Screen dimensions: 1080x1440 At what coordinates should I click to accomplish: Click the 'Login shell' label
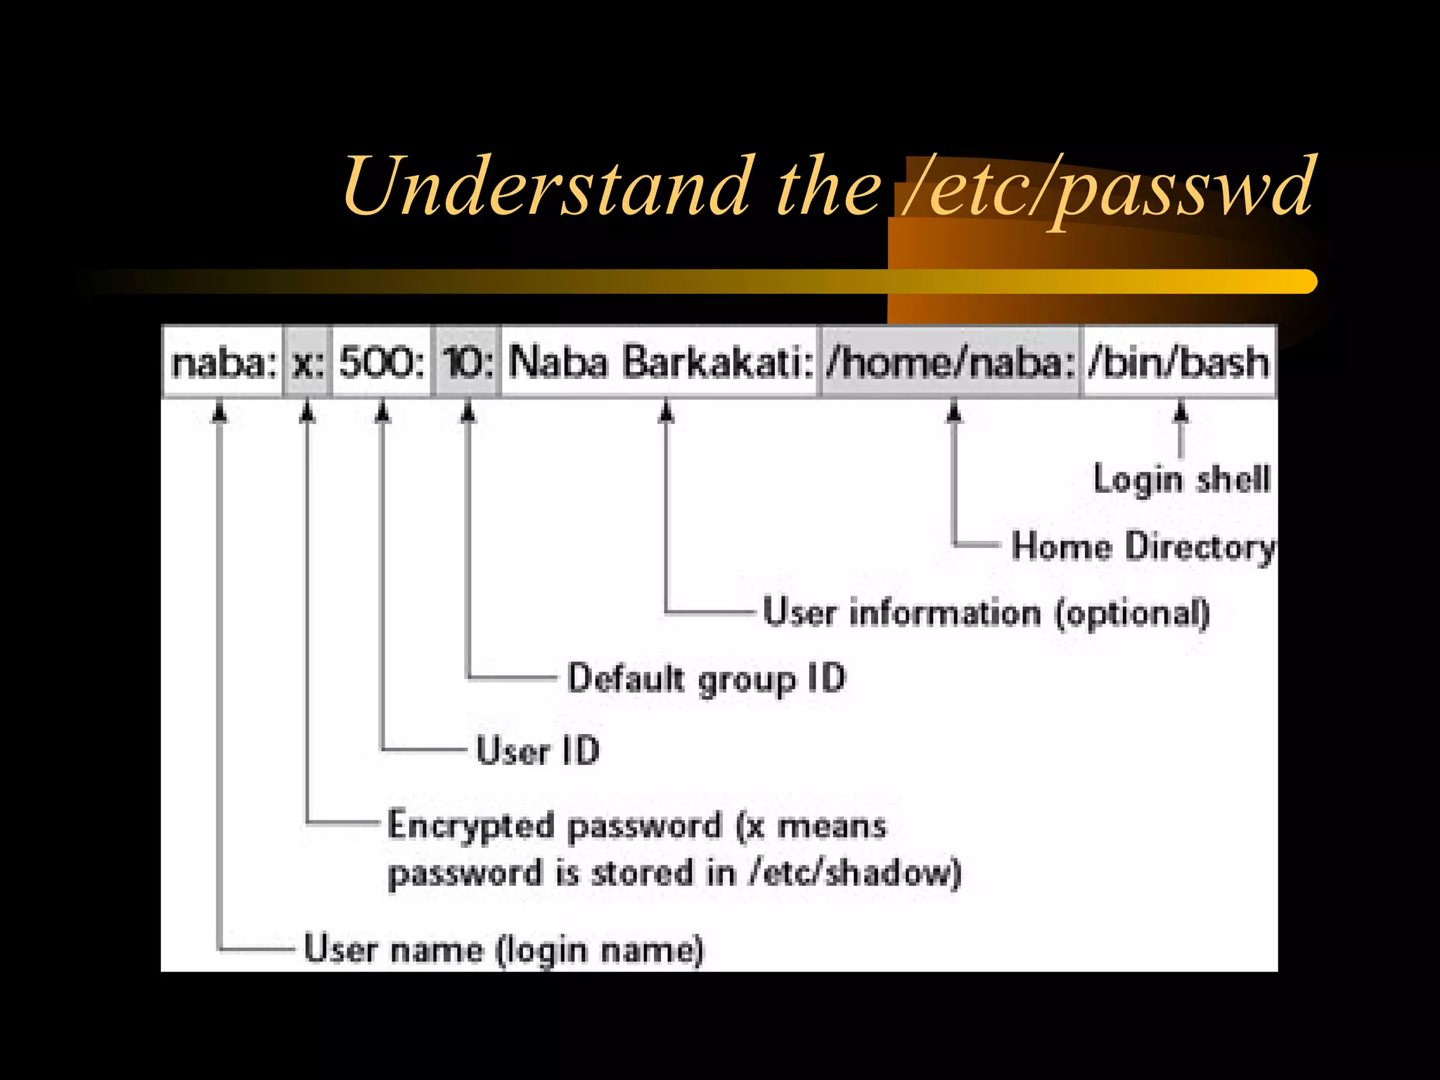pos(1182,480)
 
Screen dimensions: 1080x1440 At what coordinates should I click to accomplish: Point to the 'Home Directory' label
pos(1143,547)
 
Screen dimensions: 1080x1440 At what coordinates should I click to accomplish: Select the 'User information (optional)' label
pos(986,613)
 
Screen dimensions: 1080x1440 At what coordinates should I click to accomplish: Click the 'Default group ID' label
pos(706,679)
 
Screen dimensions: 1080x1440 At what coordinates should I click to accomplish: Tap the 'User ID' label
pos(538,750)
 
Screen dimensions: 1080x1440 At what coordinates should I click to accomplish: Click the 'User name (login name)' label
pos(503,950)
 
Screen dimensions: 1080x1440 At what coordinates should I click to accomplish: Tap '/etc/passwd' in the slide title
pos(1107,186)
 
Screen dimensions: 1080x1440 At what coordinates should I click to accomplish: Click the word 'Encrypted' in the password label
pos(470,826)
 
